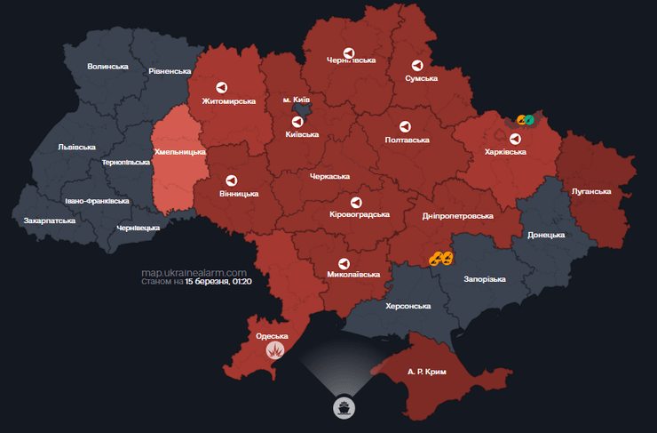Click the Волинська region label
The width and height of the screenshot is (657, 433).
click(x=107, y=67)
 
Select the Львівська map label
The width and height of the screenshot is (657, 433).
click(x=76, y=147)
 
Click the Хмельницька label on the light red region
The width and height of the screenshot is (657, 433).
click(x=180, y=152)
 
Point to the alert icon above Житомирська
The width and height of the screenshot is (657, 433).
click(x=221, y=87)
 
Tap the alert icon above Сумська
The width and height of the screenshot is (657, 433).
click(x=416, y=66)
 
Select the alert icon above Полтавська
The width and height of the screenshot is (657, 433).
click(x=406, y=126)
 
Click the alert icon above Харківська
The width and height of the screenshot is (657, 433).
click(x=515, y=138)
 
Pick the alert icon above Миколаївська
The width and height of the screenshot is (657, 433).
click(x=344, y=263)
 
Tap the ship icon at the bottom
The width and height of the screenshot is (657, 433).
click(x=342, y=408)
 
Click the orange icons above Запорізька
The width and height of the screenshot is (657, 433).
click(x=441, y=259)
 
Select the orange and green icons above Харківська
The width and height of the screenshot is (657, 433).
click(x=525, y=120)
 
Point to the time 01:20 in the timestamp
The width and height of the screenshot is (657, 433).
click(x=242, y=282)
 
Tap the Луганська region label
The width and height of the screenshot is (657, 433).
click(x=590, y=191)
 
